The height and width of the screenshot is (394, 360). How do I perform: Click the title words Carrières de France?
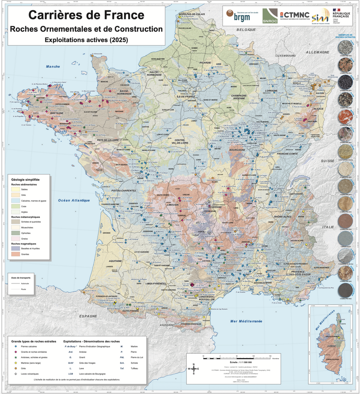coord(86,15)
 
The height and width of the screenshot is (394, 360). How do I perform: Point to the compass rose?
coord(194,369)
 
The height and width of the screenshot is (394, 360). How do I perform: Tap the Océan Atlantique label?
coord(74,200)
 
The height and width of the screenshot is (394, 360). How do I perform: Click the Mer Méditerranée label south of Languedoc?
coord(246,321)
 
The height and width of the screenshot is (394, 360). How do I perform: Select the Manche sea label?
coord(53,67)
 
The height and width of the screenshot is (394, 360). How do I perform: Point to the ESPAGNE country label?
coord(88,316)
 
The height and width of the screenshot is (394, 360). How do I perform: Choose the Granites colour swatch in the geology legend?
coord(16,254)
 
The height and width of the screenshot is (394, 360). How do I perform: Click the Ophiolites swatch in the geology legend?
coord(16,233)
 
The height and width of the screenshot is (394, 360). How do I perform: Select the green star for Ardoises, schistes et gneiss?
coord(15,358)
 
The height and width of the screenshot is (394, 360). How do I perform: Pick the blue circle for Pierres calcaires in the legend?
coord(15,346)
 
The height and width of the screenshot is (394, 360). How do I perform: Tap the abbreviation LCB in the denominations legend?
coord(71,374)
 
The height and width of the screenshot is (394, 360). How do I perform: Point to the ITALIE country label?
coord(327,227)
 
